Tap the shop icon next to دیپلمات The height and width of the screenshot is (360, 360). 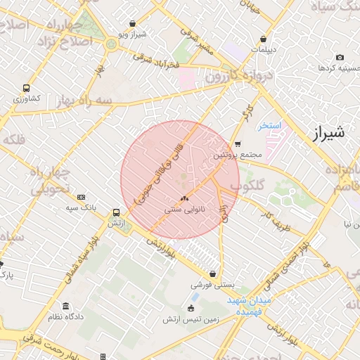click(263, 39)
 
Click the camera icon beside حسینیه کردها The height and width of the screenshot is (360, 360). click(340, 57)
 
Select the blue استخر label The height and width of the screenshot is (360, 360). click(269, 126)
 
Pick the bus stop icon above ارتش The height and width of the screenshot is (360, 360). click(116, 212)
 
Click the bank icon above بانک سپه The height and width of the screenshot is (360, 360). click(82, 197)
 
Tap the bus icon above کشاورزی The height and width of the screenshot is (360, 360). click(26, 89)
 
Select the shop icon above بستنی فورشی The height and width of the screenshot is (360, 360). click(212, 274)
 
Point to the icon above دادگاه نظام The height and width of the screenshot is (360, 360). click(66, 307)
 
